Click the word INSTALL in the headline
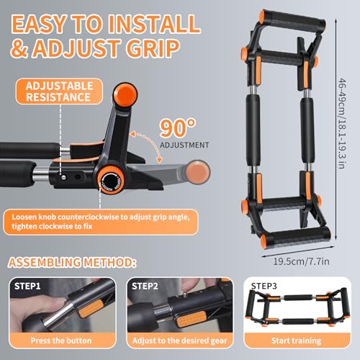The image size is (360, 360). (x=154, y=24)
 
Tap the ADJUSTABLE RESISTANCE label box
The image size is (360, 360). (x=59, y=91)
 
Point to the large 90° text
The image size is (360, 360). (x=178, y=128)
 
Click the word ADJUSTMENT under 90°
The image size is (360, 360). (x=184, y=145)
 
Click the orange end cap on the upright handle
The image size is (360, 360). (x=125, y=94)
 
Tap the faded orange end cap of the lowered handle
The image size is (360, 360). (x=197, y=172)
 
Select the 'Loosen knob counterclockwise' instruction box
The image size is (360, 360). (x=101, y=222)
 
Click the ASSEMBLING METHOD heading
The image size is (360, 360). (x=72, y=262)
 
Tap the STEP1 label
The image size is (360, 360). (x=27, y=286)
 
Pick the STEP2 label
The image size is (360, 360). (x=145, y=286)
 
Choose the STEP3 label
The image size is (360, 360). (x=264, y=286)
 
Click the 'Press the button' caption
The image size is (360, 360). (x=61, y=341)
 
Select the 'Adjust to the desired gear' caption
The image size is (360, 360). (x=179, y=341)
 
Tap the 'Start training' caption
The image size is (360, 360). (x=296, y=341)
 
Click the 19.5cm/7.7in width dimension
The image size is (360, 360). (x=302, y=261)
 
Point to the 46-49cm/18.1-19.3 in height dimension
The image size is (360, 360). (x=342, y=124)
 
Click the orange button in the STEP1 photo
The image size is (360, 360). (x=91, y=309)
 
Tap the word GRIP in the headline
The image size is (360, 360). (x=153, y=48)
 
